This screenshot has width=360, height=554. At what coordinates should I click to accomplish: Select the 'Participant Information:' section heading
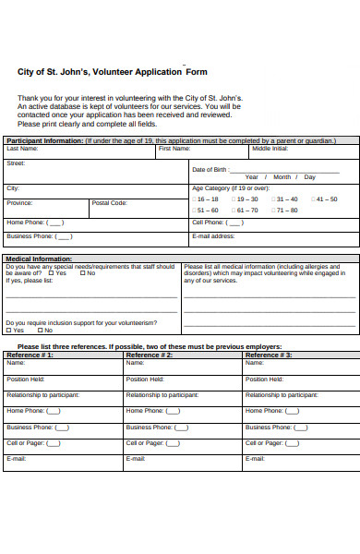(44, 141)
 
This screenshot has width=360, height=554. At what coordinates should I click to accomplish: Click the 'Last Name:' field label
(22, 148)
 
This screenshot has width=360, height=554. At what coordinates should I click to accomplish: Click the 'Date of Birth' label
(210, 170)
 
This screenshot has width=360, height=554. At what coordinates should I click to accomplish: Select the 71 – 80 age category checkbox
(273, 210)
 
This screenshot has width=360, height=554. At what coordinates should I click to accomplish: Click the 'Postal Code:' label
(109, 203)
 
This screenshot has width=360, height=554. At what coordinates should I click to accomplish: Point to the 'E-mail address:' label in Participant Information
(213, 235)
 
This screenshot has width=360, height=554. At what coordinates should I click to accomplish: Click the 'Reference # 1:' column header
(30, 355)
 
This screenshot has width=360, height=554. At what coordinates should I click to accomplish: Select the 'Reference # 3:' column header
(269, 355)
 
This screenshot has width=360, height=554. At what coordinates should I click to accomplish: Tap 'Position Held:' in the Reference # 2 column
(145, 379)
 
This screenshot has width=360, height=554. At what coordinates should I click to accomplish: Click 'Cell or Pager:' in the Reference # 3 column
(264, 442)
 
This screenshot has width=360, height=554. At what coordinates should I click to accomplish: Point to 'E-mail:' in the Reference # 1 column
(16, 458)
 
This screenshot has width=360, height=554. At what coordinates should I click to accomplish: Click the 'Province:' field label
(19, 203)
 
